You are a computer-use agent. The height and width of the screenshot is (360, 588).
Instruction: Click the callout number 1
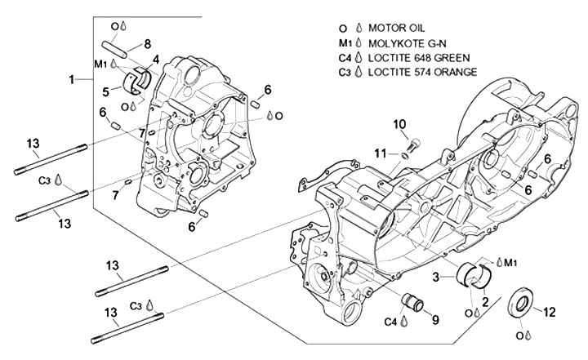[x=72, y=79]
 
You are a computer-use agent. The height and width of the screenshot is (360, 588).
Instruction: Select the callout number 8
[x=148, y=43]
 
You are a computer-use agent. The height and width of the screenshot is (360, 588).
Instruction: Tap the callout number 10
[x=399, y=124]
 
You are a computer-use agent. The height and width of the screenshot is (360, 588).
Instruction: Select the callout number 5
[x=107, y=91]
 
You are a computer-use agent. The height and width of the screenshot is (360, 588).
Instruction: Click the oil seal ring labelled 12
[x=519, y=303]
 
